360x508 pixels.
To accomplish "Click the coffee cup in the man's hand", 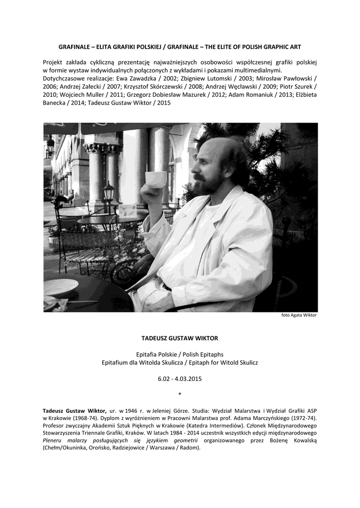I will point(155,179).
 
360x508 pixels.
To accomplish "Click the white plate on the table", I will point(60,287).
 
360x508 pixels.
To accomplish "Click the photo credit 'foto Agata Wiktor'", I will point(299,315).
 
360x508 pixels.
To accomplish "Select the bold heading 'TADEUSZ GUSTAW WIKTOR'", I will point(180,338).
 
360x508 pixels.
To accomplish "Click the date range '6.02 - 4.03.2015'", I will point(180,379).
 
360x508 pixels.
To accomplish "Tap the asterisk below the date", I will point(180,394).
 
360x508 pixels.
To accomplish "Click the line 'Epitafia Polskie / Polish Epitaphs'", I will point(180,354).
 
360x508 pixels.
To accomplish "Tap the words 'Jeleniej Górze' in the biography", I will point(181,411).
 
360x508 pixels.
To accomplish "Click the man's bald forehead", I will point(211,151).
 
